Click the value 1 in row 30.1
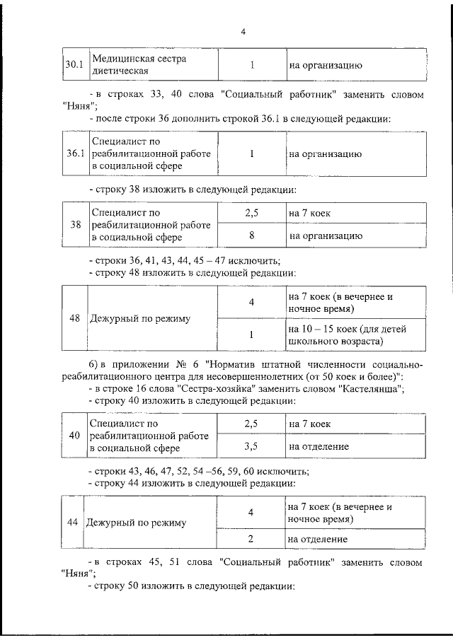click(x=252, y=65)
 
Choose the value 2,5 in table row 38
click(x=251, y=212)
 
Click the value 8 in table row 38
click(x=251, y=235)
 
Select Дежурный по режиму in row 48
click(x=140, y=318)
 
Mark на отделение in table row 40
click(x=317, y=447)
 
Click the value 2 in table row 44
click(x=251, y=539)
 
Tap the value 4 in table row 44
click(x=251, y=512)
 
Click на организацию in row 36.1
click(x=325, y=153)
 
